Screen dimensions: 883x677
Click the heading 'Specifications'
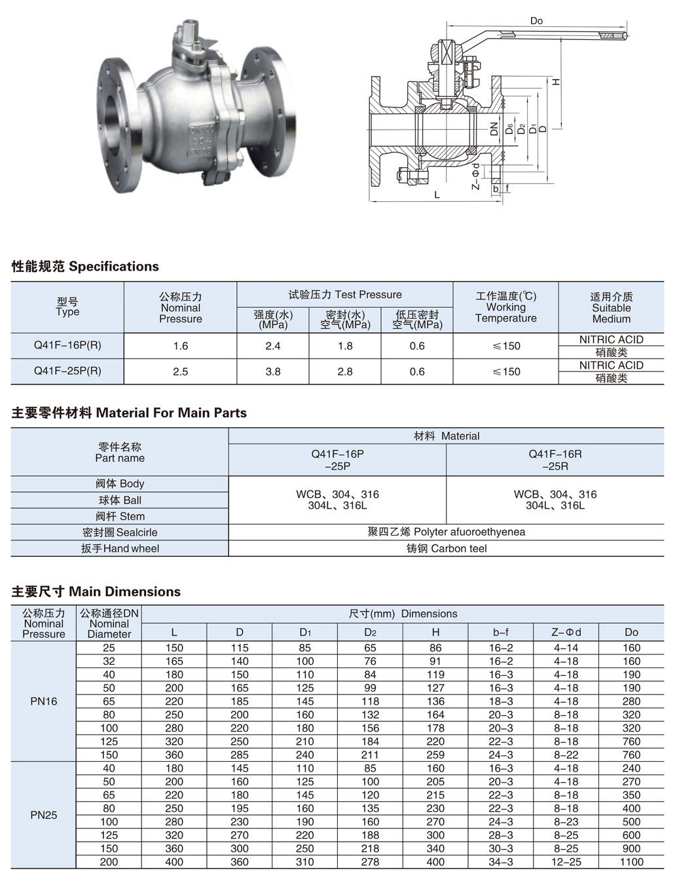[113, 267]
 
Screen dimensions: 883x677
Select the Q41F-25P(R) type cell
[67, 371]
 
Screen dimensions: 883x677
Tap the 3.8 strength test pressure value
[273, 371]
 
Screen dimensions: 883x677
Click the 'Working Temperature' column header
[505, 307]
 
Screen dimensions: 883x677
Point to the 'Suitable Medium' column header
[611, 308]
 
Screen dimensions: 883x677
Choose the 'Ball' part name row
[120, 500]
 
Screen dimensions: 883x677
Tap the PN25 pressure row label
[44, 815]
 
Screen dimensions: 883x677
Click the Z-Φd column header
[566, 632]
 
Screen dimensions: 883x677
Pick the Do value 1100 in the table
[631, 862]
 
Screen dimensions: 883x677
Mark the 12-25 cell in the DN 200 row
[566, 862]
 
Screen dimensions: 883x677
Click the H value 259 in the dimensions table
[435, 755]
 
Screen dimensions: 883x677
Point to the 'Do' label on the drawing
[536, 21]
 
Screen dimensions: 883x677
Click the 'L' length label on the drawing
[437, 195]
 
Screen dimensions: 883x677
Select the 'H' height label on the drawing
[557, 83]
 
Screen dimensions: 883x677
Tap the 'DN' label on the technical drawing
[494, 130]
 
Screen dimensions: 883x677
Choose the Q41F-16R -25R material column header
[555, 460]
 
